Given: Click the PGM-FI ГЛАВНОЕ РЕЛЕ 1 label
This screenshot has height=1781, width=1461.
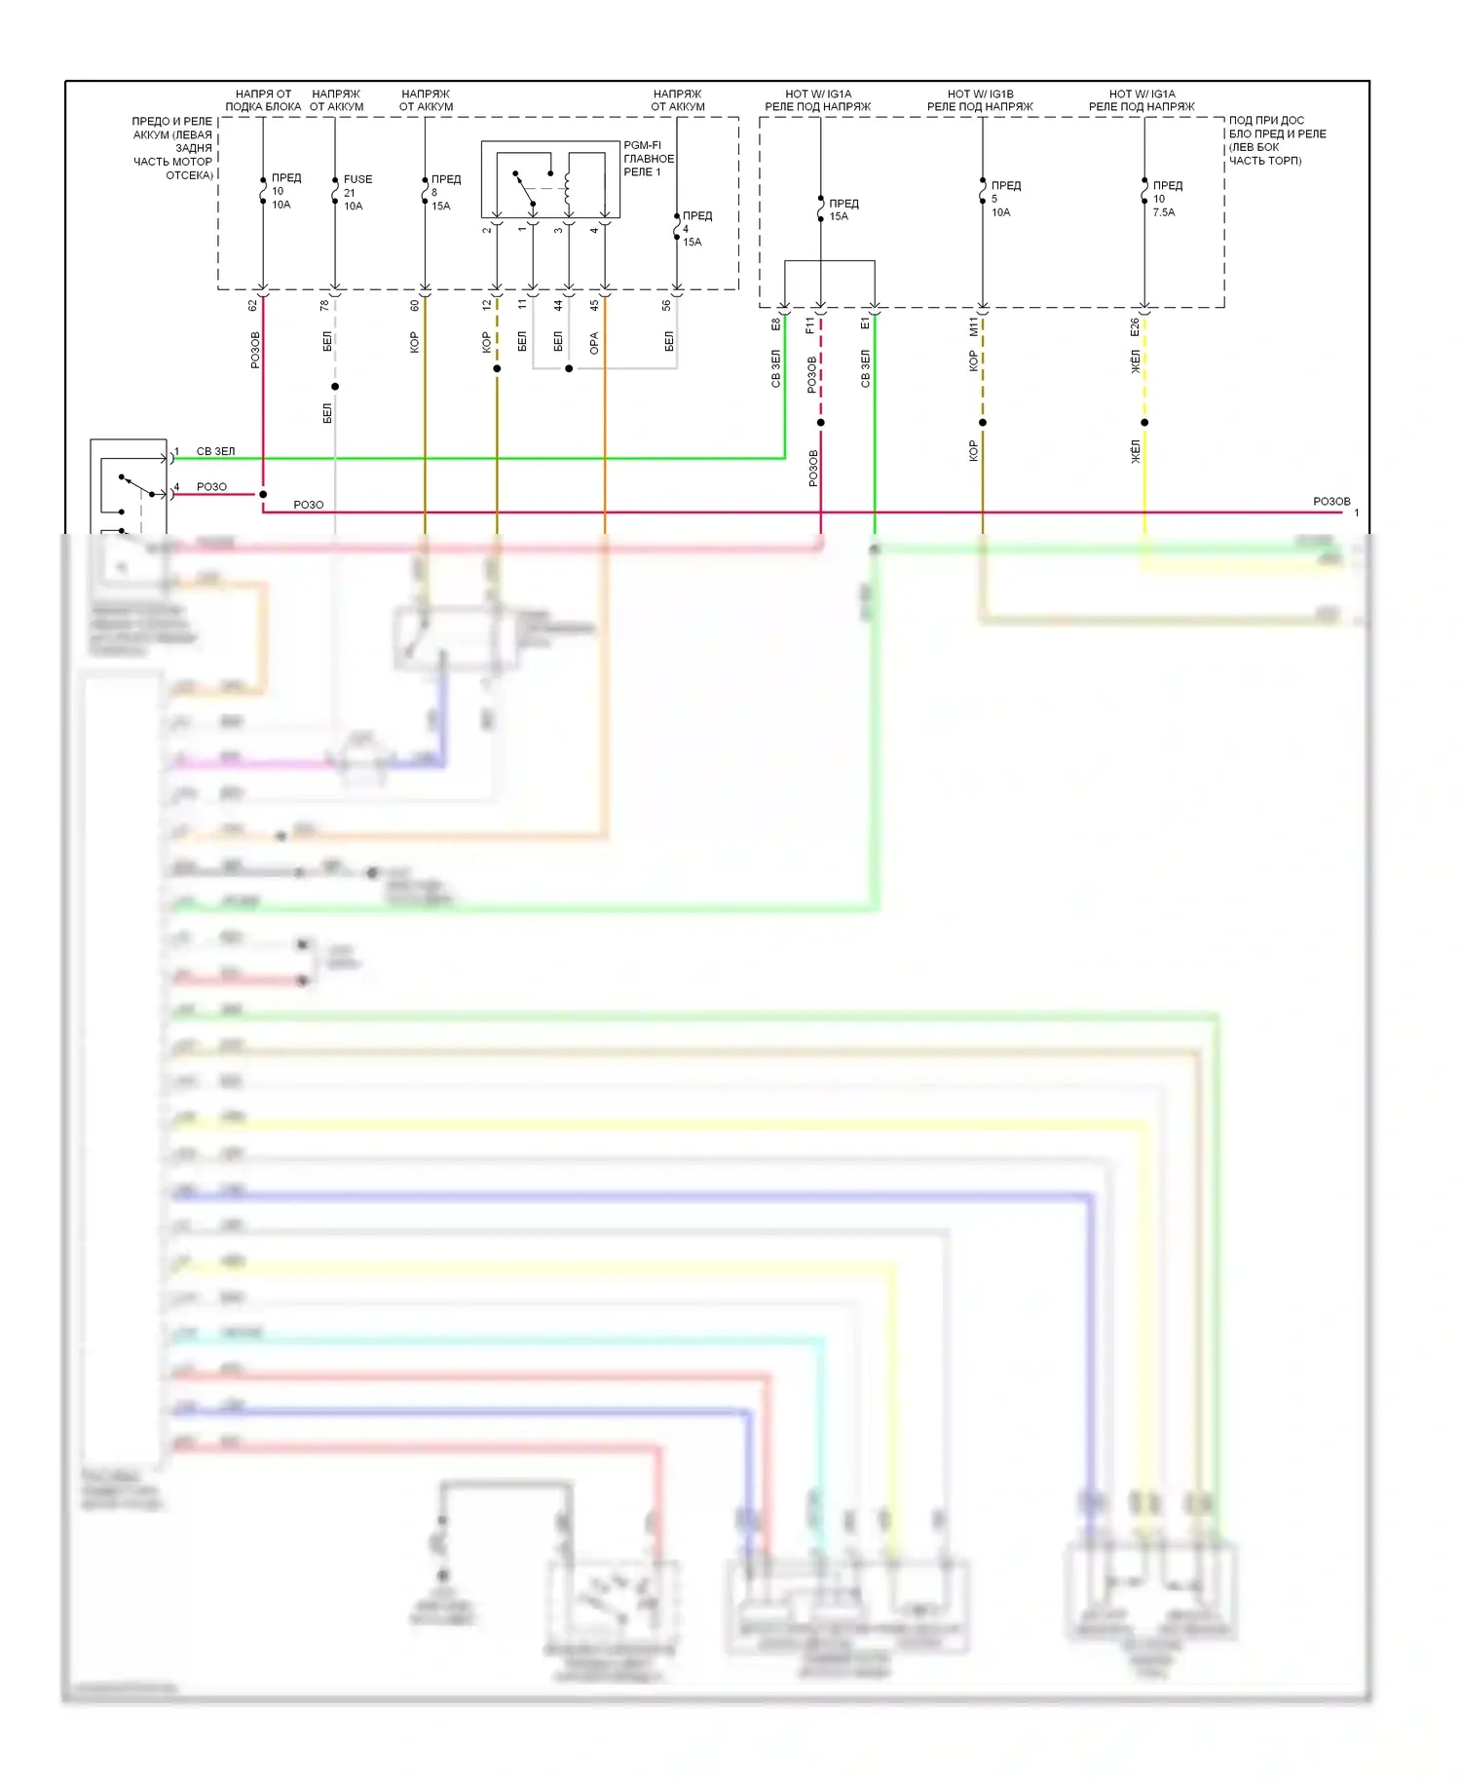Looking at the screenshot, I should (648, 159).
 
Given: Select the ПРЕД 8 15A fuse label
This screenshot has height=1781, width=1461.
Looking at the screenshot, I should (444, 192).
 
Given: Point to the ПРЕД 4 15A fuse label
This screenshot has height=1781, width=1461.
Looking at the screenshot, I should (695, 229).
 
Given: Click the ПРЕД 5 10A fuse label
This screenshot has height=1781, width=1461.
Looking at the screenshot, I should (1004, 199).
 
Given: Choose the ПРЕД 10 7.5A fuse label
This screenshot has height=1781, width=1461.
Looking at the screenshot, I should (1166, 199).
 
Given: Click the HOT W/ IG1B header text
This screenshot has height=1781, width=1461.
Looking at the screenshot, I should (980, 95).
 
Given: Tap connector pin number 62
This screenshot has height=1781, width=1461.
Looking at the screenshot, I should (253, 305).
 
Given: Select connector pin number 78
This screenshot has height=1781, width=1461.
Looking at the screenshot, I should (325, 305).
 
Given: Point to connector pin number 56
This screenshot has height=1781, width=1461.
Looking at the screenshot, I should (667, 305).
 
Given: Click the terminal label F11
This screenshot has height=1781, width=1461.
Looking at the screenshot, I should (810, 325).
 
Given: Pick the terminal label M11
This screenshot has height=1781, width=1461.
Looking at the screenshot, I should (973, 326).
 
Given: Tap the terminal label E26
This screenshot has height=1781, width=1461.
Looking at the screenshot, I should (1135, 327).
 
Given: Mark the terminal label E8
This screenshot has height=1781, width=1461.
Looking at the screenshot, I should (776, 323).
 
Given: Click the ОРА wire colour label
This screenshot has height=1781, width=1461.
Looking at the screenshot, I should (594, 343).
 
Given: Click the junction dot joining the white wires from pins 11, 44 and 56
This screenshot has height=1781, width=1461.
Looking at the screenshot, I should (569, 368).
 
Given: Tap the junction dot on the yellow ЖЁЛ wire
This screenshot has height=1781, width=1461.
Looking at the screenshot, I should (1144, 423).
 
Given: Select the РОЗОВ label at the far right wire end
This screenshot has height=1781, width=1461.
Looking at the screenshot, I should (1331, 502).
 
